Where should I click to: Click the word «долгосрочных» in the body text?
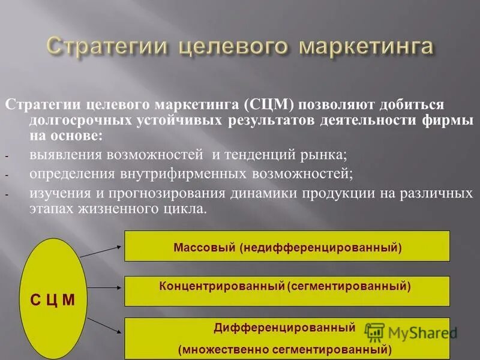pos(69,120)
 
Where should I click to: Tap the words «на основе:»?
pos(66,136)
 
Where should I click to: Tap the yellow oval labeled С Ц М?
pos(52,299)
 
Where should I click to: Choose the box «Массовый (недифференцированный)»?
pos(287,246)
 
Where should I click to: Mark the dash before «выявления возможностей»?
pos(7,156)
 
